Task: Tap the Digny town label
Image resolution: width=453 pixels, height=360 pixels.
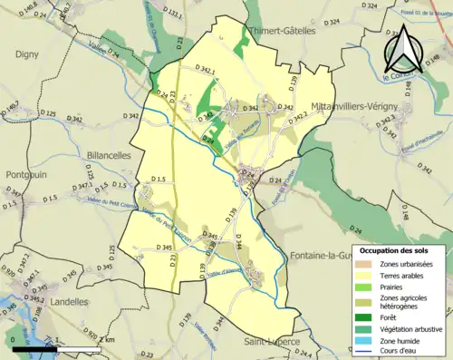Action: (26, 54)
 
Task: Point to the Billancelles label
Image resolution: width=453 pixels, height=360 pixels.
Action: (108, 155)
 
